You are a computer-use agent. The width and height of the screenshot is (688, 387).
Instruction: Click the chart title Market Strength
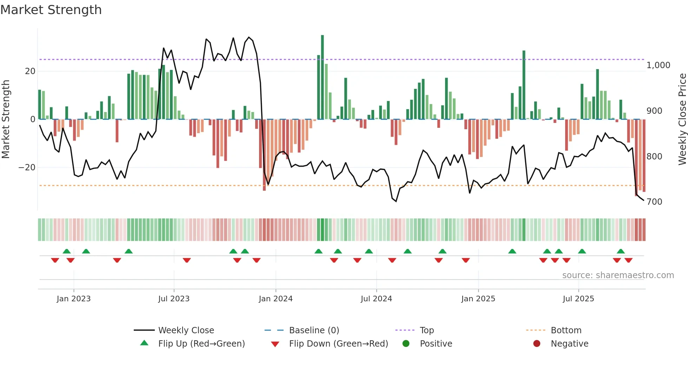click(x=51, y=10)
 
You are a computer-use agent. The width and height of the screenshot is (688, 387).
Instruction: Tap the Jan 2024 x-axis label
click(x=276, y=299)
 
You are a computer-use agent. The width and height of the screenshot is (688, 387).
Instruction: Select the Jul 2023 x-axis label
click(x=174, y=299)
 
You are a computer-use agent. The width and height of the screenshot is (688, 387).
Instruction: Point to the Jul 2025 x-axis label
click(x=578, y=299)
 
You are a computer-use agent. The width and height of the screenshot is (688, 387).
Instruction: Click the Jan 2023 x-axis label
click(x=74, y=299)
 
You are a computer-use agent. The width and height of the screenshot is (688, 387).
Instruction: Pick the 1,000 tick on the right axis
click(x=658, y=65)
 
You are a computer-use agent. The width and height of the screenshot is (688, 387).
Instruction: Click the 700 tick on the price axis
click(x=654, y=202)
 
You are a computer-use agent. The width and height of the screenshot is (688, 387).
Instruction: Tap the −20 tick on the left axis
click(x=27, y=168)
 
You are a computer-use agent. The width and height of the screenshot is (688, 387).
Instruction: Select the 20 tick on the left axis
click(x=30, y=71)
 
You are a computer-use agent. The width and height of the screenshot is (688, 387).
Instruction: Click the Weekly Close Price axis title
click(x=682, y=119)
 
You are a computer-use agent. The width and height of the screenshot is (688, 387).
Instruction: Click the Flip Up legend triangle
click(x=144, y=343)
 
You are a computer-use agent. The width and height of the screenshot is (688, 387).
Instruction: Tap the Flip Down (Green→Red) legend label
click(x=338, y=344)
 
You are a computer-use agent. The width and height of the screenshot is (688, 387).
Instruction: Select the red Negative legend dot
click(x=537, y=343)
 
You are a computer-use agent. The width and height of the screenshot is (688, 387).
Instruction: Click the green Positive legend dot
click(x=406, y=343)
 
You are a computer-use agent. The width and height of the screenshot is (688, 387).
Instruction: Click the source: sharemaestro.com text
click(x=618, y=275)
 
